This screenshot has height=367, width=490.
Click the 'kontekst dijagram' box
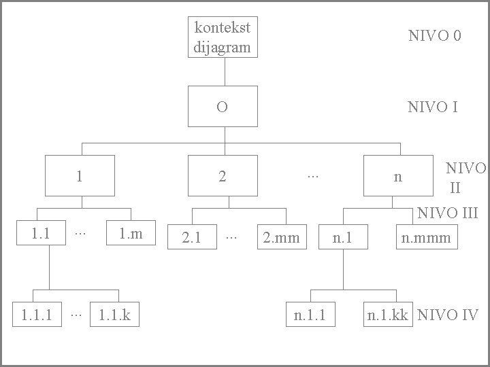223,37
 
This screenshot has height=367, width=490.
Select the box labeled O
223,107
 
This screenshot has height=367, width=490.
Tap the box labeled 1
80,175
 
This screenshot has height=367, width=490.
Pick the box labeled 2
223,175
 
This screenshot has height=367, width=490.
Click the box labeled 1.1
41,234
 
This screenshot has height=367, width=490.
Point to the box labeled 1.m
131,234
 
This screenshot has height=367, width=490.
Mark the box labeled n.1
342,237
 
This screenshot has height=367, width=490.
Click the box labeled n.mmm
427,237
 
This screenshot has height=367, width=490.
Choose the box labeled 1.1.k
114,315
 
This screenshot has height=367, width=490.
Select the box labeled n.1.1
310,315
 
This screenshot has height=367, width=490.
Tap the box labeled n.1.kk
388,315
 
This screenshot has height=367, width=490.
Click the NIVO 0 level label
434,36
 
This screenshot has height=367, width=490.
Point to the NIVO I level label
432,107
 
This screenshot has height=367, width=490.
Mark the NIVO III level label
448,213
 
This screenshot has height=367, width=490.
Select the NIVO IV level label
448,315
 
